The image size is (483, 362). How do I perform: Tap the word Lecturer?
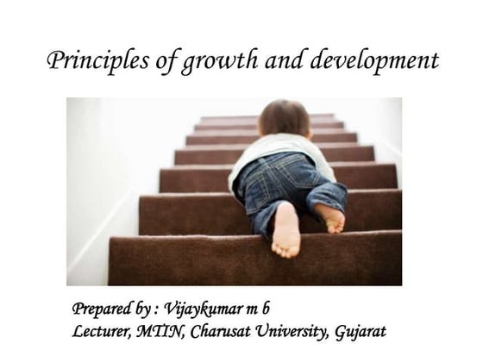click(103, 331)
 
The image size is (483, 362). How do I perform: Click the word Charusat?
click(229, 331)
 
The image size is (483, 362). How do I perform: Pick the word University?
click(302, 331)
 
